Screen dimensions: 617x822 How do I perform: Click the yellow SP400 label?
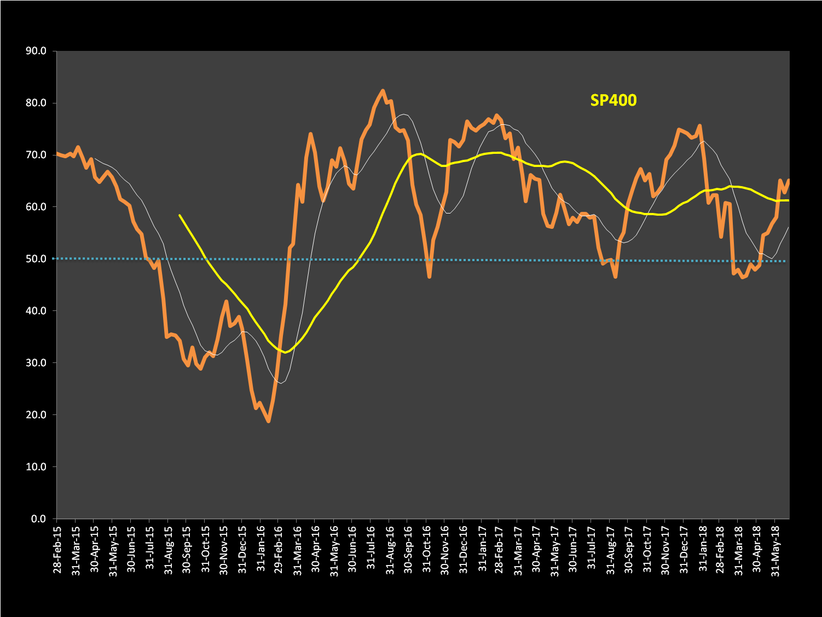point(613,100)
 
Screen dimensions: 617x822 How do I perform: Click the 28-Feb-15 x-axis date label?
point(57,549)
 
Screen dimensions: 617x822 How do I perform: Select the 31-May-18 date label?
point(775,549)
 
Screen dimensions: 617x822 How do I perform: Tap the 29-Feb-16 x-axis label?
point(278,549)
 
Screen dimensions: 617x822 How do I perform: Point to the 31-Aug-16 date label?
point(389,549)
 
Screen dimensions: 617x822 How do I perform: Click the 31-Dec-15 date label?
point(241,549)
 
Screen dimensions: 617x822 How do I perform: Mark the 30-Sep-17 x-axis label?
point(628,549)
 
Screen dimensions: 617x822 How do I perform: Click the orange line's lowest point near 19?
point(268,421)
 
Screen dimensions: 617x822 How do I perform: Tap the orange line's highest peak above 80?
point(383,91)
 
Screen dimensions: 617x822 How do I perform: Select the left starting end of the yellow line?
point(180,215)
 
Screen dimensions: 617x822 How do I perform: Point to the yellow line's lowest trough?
point(285,352)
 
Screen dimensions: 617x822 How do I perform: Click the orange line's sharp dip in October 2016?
point(430,277)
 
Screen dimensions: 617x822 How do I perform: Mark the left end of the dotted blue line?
point(54,258)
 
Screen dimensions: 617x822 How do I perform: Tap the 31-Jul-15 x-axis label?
point(149,549)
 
